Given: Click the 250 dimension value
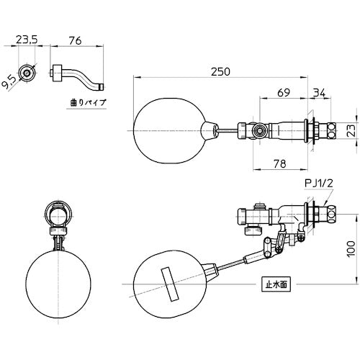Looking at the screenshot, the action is pyautogui.click(x=220, y=72).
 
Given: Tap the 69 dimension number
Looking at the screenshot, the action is pyautogui.click(x=284, y=92).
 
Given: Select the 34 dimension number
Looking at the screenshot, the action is pyautogui.click(x=319, y=92).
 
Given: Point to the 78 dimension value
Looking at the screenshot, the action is pyautogui.click(x=280, y=163).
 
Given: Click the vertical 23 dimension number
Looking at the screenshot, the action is pyautogui.click(x=351, y=131).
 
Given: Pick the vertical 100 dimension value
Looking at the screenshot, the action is pyautogui.click(x=351, y=249).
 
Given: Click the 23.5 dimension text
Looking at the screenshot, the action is pyautogui.click(x=27, y=40).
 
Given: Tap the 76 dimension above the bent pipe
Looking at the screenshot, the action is pyautogui.click(x=75, y=41).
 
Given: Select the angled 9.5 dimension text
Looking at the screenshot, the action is pyautogui.click(x=9, y=82).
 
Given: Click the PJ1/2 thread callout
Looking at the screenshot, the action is pyautogui.click(x=319, y=184).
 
